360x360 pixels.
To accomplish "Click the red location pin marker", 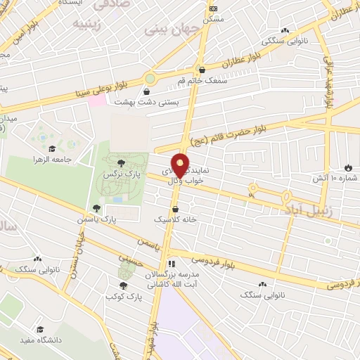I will click(x=180, y=165).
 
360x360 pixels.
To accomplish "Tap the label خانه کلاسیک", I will click(x=175, y=220).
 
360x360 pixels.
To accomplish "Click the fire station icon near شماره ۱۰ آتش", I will click(x=348, y=167).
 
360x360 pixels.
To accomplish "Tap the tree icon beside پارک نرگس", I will click(x=122, y=162).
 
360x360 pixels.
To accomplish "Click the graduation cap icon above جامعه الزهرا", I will click(x=52, y=148).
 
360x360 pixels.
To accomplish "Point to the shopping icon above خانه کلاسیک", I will click(x=175, y=210).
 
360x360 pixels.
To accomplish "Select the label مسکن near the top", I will click(x=214, y=18).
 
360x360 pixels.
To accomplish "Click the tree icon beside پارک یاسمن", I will click(x=96, y=208).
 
